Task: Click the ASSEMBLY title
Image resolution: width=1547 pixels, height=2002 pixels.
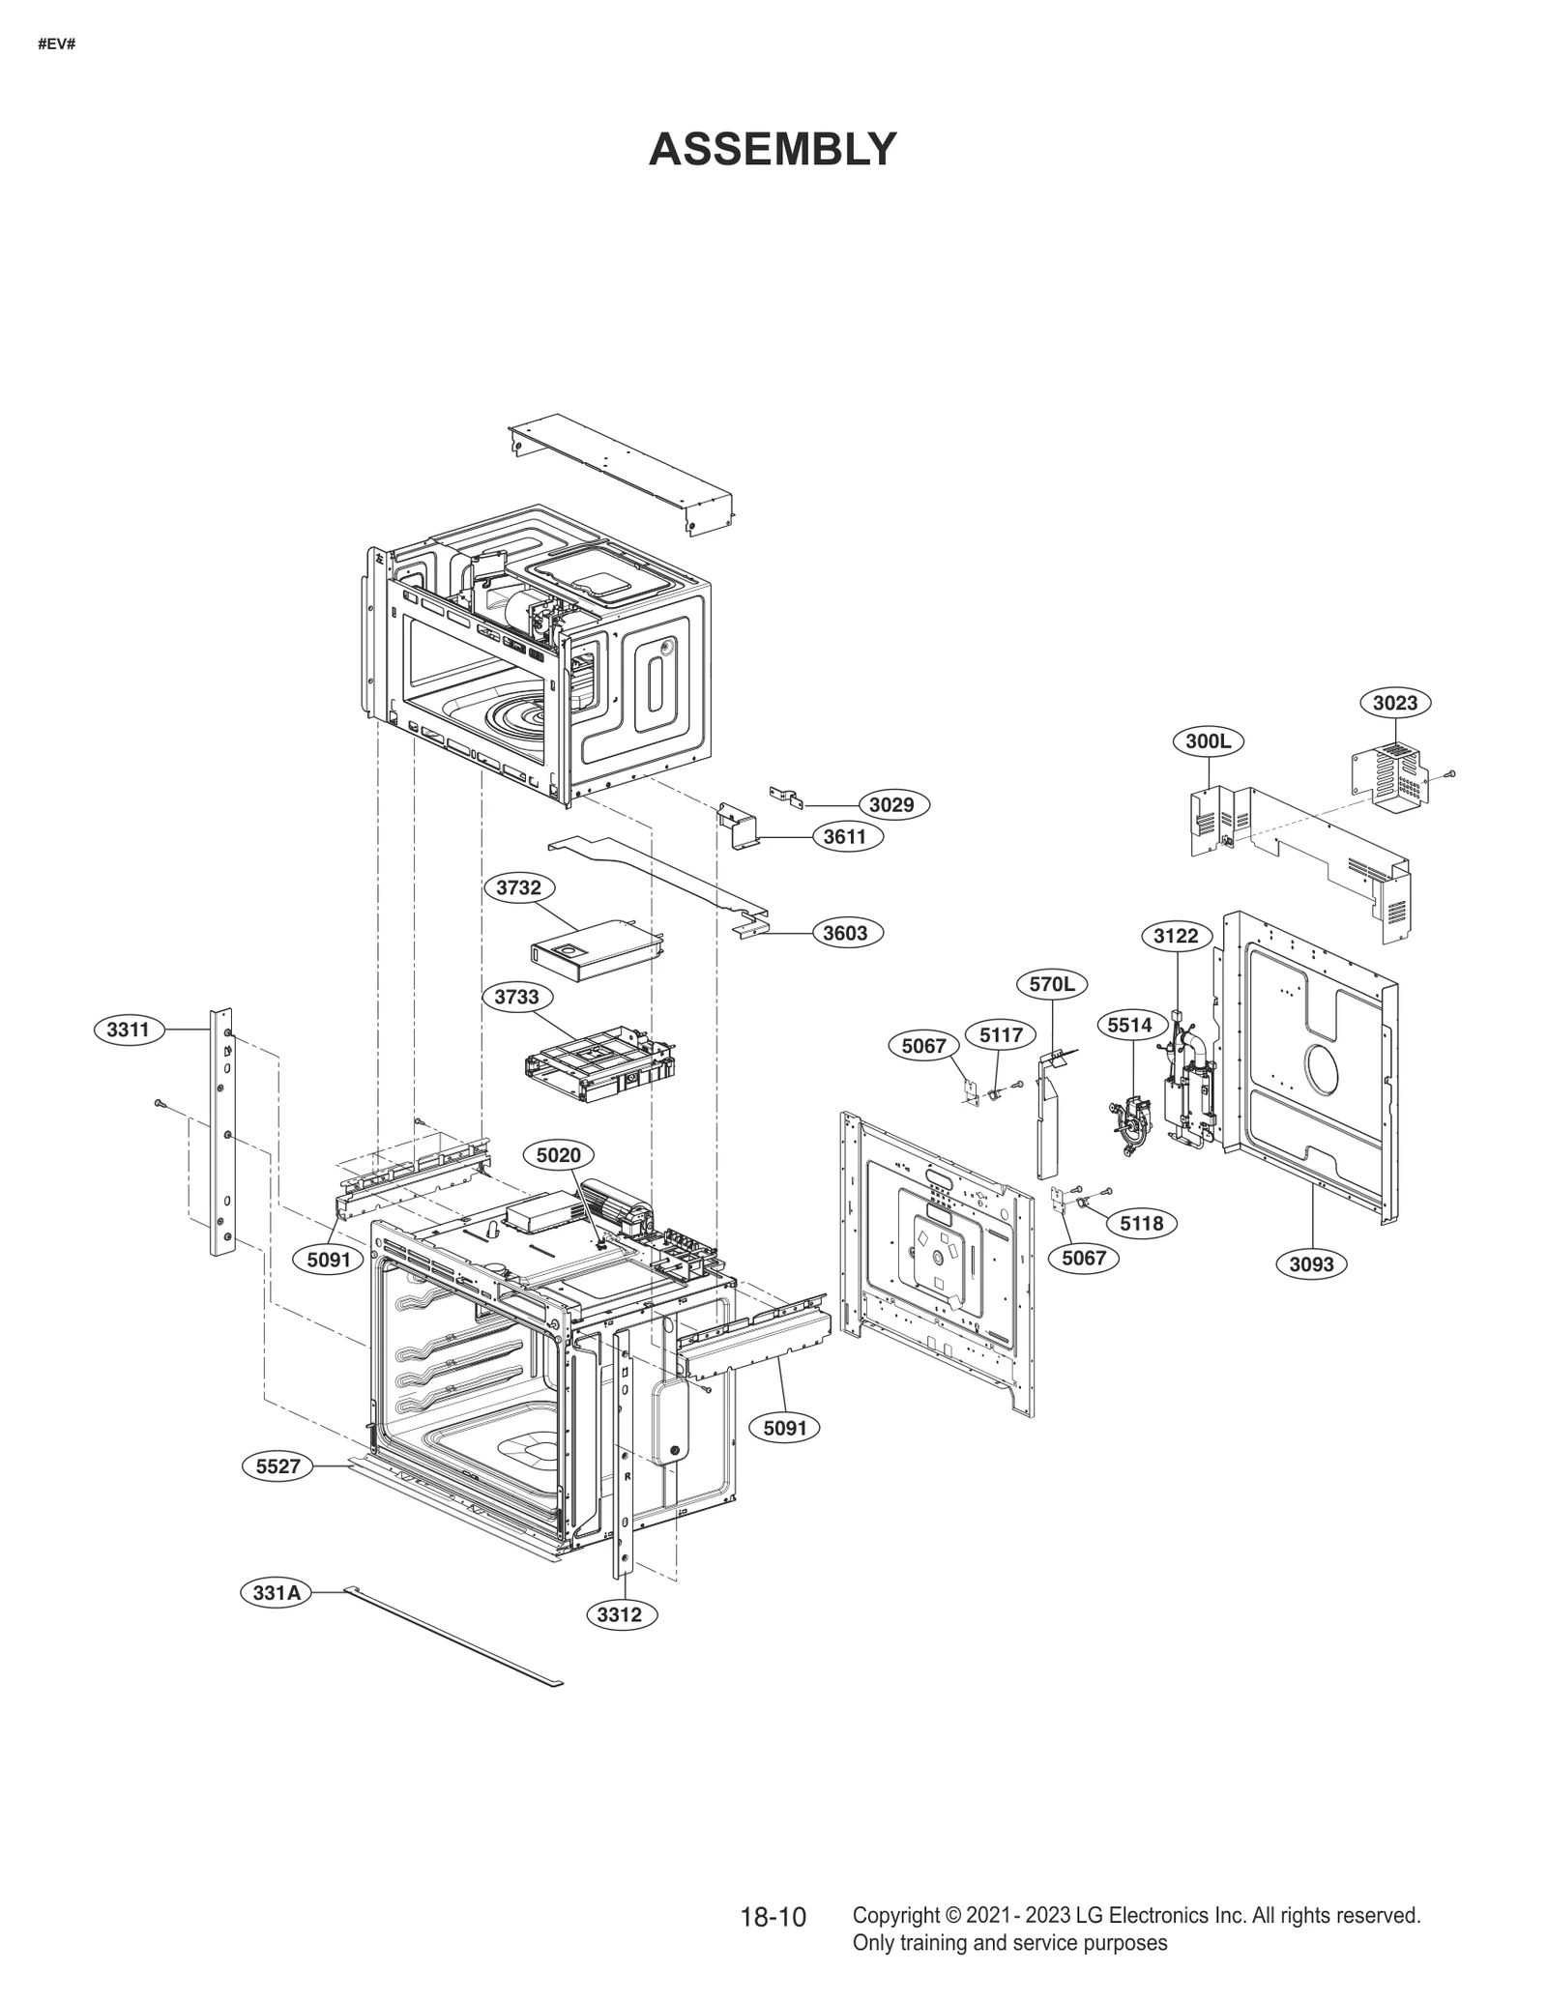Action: [x=773, y=150]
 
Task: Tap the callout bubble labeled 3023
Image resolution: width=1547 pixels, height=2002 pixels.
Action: [x=1394, y=703]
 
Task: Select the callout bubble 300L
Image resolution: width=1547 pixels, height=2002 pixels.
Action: [x=1208, y=741]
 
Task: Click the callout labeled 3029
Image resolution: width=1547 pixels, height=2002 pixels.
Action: [x=891, y=804]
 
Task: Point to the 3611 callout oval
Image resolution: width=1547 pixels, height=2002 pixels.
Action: [x=844, y=836]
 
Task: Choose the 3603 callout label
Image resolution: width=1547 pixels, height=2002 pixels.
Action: [x=845, y=933]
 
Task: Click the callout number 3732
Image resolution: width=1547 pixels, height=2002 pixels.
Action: [x=518, y=887]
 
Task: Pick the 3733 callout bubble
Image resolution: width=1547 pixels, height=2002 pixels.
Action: [x=516, y=997]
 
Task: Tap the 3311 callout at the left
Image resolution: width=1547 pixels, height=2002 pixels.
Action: [x=128, y=1030]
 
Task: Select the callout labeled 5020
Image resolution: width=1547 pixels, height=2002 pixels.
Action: [x=558, y=1155]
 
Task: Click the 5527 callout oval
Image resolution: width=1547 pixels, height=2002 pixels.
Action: [x=277, y=1466]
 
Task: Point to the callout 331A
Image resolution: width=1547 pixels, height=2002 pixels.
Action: [x=277, y=1592]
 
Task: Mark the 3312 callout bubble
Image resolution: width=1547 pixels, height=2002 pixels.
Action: [x=619, y=1613]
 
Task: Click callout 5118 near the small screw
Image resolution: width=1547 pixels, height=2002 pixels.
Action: [x=1141, y=1224]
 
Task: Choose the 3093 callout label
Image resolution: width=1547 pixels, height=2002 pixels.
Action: [x=1311, y=1263]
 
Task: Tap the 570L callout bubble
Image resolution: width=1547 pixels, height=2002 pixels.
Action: [x=1051, y=985]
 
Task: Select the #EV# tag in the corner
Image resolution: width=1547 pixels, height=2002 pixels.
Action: [x=56, y=44]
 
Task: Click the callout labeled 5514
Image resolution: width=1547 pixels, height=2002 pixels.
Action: [x=1129, y=1025]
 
